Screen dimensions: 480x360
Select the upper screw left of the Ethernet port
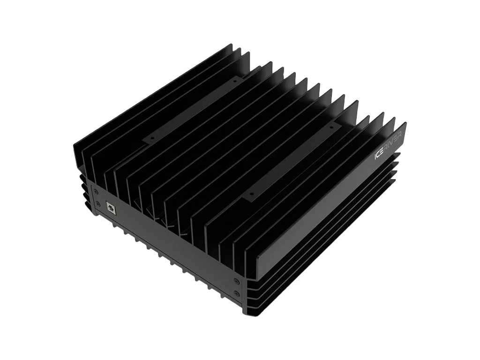97,191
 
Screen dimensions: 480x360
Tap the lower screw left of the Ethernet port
97,204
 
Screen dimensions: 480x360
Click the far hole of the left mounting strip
235,81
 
